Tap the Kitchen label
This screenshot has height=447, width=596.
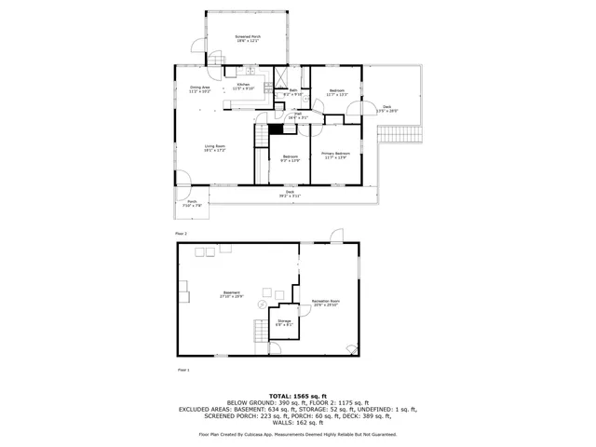(x=243, y=85)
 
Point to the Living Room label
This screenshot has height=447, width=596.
(x=215, y=145)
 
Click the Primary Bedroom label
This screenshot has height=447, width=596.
(x=335, y=153)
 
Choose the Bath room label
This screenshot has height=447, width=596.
(x=292, y=90)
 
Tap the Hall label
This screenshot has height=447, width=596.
(x=297, y=114)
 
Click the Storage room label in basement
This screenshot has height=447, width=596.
(x=284, y=321)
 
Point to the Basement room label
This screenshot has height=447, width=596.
(x=218, y=292)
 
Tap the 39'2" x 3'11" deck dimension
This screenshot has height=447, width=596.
(x=290, y=196)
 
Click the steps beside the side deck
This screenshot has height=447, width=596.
(x=398, y=132)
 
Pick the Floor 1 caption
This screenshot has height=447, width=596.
(x=183, y=370)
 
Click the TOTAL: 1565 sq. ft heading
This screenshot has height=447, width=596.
(x=297, y=395)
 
